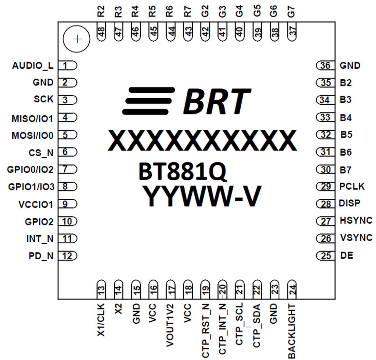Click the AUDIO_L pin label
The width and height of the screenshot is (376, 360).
coord(33,65)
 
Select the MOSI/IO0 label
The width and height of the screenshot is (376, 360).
coord(33,136)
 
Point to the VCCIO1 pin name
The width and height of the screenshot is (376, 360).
coord(36,205)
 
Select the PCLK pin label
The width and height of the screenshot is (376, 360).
coord(352,186)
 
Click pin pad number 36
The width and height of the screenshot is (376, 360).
coord(325,65)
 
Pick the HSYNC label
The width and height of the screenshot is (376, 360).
coord(356,221)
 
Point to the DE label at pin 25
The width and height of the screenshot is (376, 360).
coord(346,256)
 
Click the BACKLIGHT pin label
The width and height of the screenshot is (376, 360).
coord(292,331)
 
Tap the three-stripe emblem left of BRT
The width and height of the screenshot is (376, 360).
coord(149,101)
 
